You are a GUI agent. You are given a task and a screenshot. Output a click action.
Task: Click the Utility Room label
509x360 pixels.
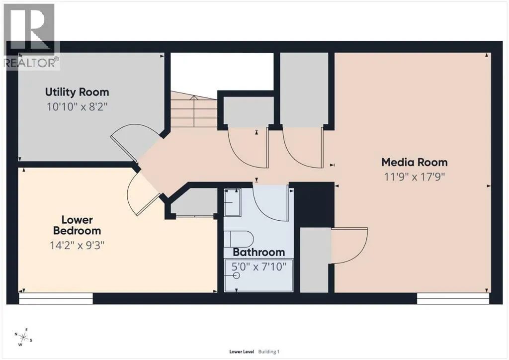[77, 92]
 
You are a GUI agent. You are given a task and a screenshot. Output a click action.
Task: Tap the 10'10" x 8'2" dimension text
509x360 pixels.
[77, 106]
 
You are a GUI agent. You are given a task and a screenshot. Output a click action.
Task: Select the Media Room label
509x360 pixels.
[414, 162]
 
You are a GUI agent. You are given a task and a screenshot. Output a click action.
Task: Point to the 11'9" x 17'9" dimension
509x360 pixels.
[414, 177]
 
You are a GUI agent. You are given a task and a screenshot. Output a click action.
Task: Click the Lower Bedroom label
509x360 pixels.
[77, 225]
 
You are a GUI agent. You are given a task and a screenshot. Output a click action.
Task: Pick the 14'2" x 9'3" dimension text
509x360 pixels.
[77, 246]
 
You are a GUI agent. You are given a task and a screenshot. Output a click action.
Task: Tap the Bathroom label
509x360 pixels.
[258, 252]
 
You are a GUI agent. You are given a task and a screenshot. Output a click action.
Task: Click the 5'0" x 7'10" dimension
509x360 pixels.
[258, 267]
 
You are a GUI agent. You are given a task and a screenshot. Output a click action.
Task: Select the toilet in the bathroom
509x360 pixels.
[239, 239]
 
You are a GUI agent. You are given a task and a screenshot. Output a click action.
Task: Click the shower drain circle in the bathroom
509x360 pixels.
[236, 275]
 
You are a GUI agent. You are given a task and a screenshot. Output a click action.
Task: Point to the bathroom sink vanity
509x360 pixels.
[233, 202]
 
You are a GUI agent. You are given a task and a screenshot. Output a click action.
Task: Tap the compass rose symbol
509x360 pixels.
[23, 337]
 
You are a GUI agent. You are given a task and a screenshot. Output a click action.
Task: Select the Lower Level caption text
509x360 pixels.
[242, 352]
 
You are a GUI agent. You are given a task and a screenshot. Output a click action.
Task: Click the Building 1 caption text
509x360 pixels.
[269, 352]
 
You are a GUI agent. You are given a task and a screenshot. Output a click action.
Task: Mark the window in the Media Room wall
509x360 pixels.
[453, 299]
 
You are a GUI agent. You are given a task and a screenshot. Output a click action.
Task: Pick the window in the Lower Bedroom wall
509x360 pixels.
[56, 299]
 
